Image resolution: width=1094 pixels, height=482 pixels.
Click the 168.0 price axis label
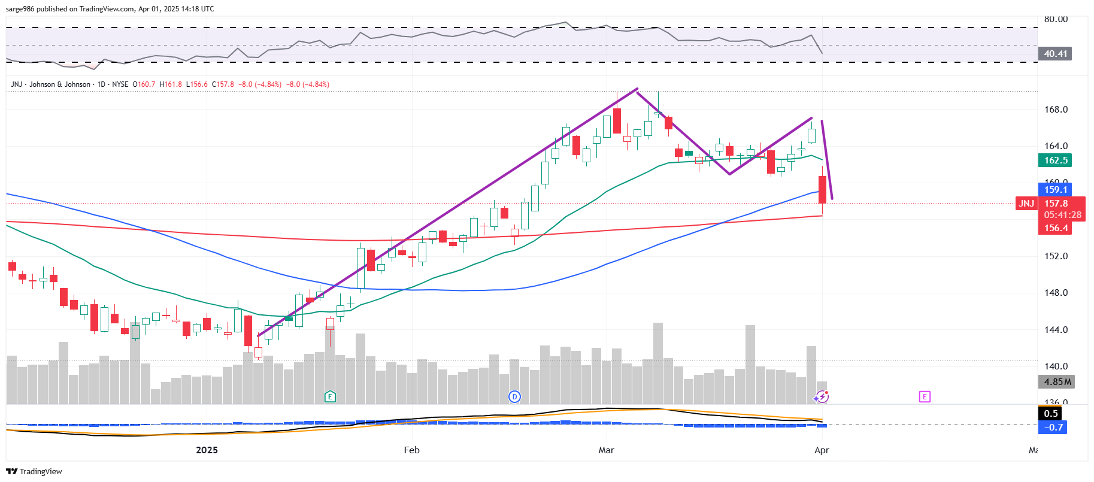pyautogui.click(x=1056, y=110)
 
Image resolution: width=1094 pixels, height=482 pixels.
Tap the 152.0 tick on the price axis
pyautogui.click(x=1056, y=256)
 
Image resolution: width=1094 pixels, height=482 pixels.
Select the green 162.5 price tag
pyautogui.click(x=1056, y=160)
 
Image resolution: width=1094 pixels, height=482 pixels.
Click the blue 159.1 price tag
pyautogui.click(x=1056, y=190)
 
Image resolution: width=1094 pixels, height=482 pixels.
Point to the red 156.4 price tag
pyautogui.click(x=1056, y=228)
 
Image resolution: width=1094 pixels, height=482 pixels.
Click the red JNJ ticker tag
pyautogui.click(x=1026, y=204)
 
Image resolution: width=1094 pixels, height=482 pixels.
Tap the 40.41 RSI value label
pyautogui.click(x=1055, y=54)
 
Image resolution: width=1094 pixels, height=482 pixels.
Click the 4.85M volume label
pyautogui.click(x=1057, y=382)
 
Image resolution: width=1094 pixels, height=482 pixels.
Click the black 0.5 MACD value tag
pyautogui.click(x=1051, y=414)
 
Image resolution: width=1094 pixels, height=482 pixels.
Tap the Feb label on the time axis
pyautogui.click(x=411, y=450)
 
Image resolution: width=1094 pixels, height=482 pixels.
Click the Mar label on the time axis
pyautogui.click(x=606, y=450)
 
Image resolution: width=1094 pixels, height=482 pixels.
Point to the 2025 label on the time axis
pyautogui.click(x=207, y=450)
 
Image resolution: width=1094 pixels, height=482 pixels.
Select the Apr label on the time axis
pyautogui.click(x=822, y=450)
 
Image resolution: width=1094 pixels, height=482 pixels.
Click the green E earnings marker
pyautogui.click(x=330, y=396)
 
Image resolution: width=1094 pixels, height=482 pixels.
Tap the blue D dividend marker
pyautogui.click(x=514, y=396)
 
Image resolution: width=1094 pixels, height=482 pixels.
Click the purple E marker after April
pyautogui.click(x=925, y=396)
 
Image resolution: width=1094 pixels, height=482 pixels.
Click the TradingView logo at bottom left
pyautogui.click(x=34, y=472)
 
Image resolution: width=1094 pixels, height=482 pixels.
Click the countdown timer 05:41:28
pyautogui.click(x=1062, y=215)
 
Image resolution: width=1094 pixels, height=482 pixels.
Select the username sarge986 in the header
pyautogui.click(x=20, y=9)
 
